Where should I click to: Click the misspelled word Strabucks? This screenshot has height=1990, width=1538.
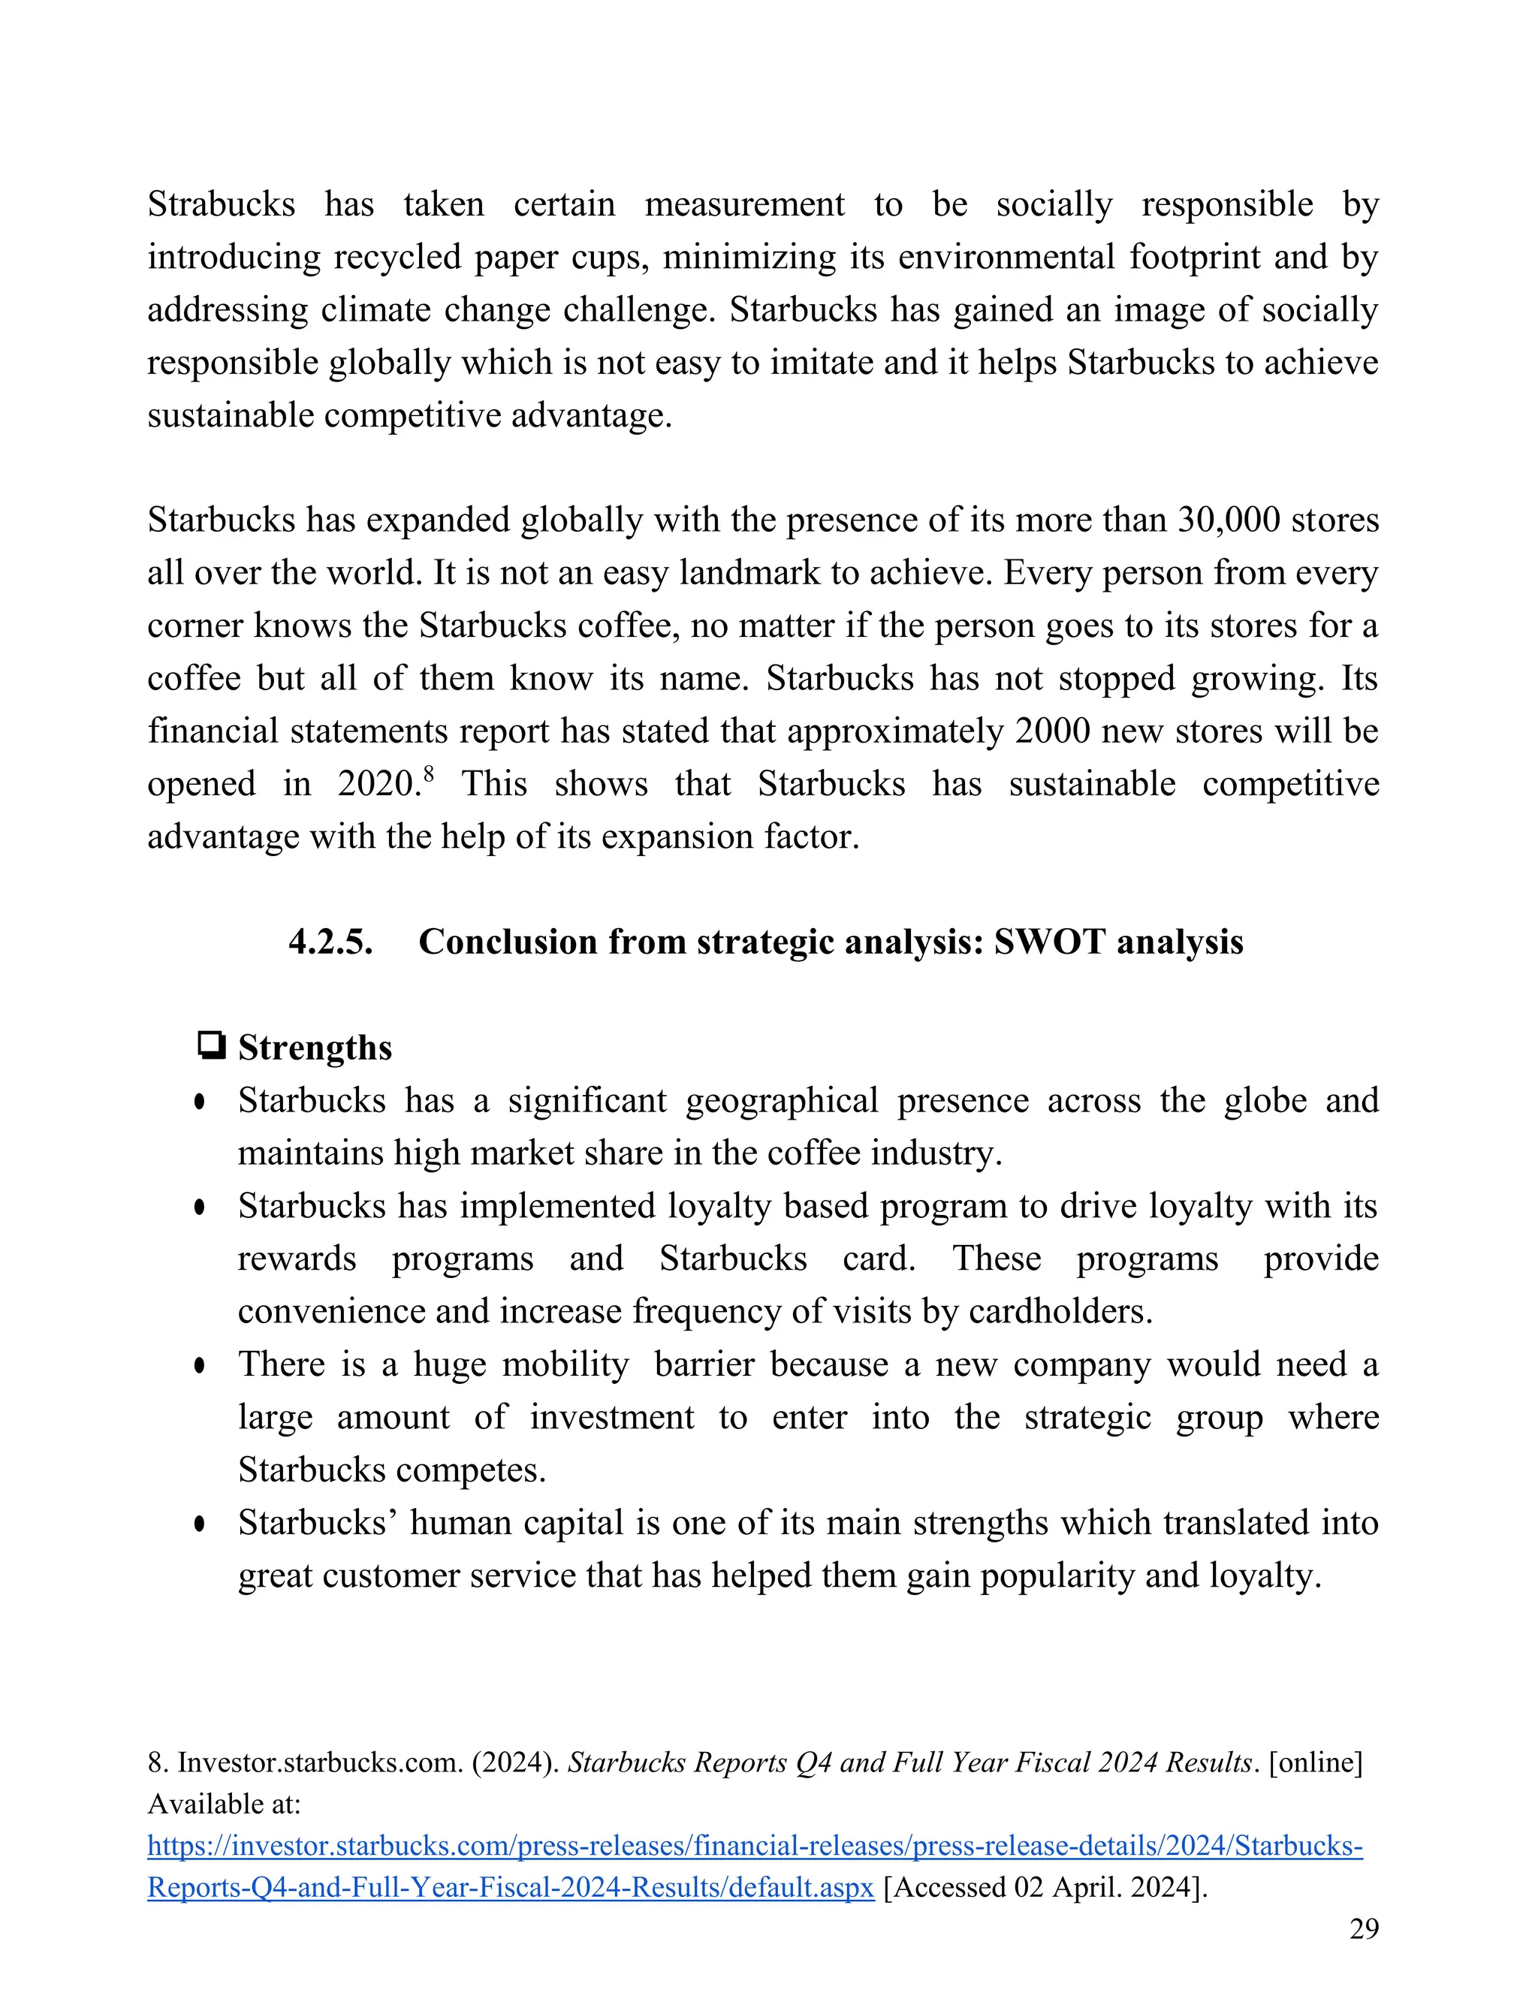tap(221, 204)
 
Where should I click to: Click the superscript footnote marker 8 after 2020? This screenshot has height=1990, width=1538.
tap(428, 774)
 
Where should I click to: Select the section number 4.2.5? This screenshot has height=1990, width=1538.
tap(330, 942)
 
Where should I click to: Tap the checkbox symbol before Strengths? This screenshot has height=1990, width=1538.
tap(211, 1045)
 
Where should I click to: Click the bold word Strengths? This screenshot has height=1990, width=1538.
tap(315, 1048)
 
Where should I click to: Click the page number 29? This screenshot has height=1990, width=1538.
tap(1364, 1929)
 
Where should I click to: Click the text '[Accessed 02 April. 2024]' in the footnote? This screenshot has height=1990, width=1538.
tap(1045, 1887)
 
